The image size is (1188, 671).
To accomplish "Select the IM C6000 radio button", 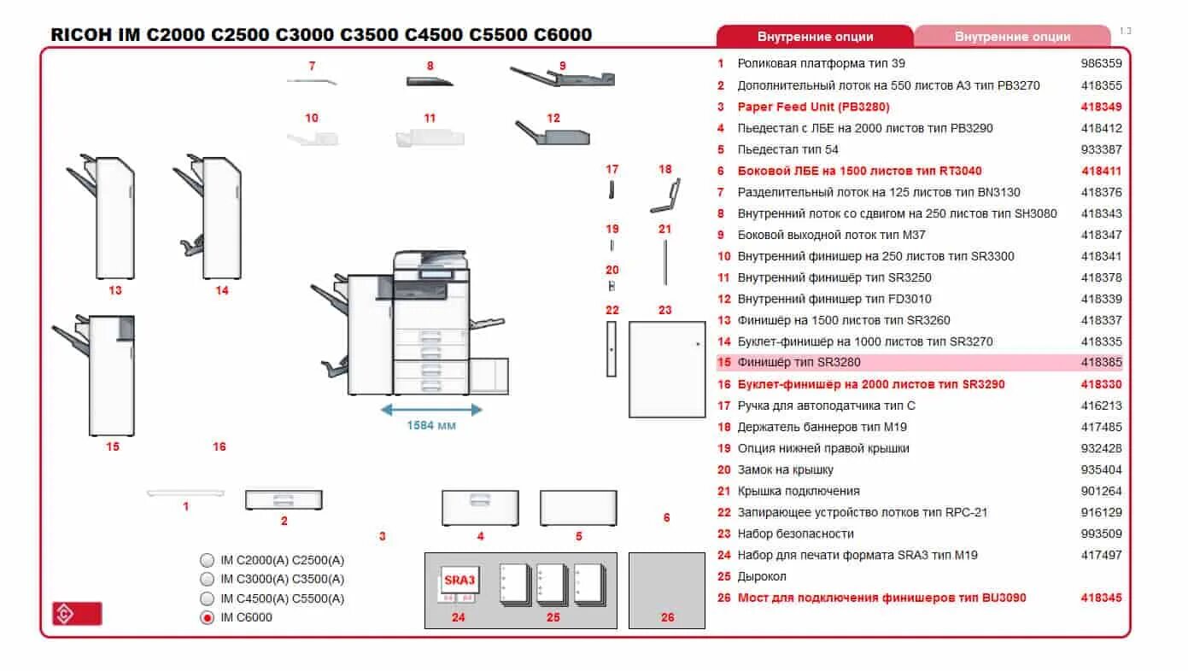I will (208, 617).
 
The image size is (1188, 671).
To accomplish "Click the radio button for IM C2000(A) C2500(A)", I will (208, 560).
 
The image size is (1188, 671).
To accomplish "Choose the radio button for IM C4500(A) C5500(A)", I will (208, 598).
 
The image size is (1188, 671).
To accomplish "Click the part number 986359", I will (1101, 63).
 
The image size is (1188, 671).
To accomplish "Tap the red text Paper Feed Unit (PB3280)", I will (813, 107).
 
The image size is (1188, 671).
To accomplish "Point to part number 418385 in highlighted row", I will (1101, 363).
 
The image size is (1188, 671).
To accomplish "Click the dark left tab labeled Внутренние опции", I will (815, 37).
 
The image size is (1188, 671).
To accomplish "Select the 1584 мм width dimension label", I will (431, 425).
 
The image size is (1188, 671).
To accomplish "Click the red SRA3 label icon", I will (459, 581).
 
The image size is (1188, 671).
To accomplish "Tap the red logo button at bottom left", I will (77, 613).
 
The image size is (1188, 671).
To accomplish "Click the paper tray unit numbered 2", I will (284, 500).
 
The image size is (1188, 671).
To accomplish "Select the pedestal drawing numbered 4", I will (480, 508).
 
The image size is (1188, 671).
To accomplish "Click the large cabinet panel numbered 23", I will (667, 369).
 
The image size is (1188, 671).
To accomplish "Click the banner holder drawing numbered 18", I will (665, 195).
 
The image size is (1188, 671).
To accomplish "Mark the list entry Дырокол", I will (762, 576).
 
